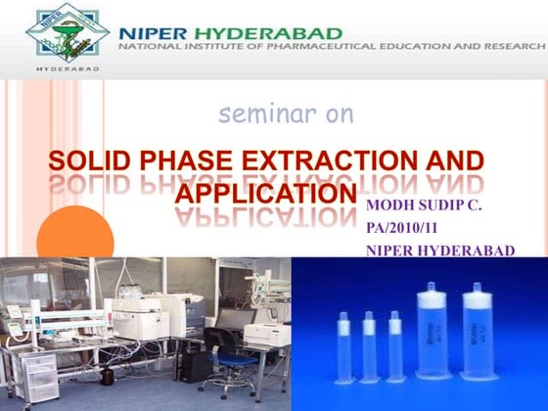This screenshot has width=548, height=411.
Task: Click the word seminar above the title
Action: (x=253, y=114)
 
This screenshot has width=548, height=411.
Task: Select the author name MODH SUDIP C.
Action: (x=424, y=207)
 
